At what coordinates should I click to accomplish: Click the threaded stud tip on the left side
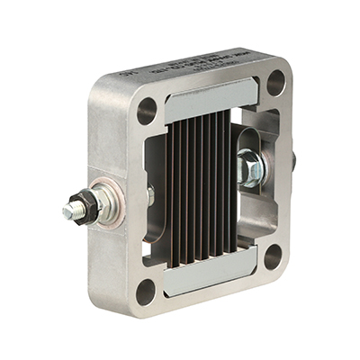(68, 213)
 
